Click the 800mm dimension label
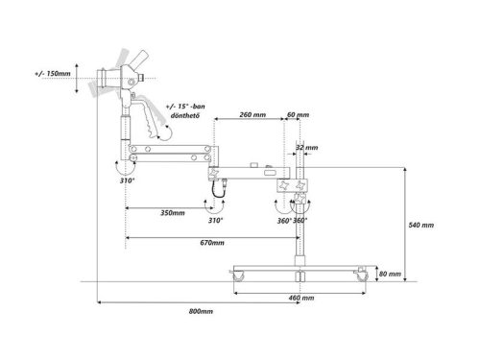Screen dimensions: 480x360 [x=201, y=311]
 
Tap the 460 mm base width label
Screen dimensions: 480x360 [x=301, y=298]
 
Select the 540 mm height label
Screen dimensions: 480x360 [x=421, y=225]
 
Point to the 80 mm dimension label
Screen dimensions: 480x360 [x=390, y=274]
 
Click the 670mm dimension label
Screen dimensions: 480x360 [x=212, y=243]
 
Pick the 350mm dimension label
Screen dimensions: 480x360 [x=173, y=213]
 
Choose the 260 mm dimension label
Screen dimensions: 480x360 [x=252, y=114]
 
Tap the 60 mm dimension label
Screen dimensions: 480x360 [x=298, y=114]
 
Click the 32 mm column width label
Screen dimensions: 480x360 [x=307, y=148]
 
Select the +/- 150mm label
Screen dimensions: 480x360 [x=53, y=74]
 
